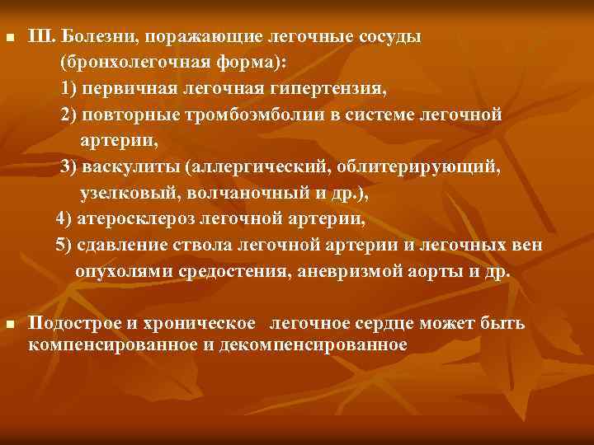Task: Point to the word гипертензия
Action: [x=312, y=88]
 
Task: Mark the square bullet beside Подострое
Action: [x=9, y=325]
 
